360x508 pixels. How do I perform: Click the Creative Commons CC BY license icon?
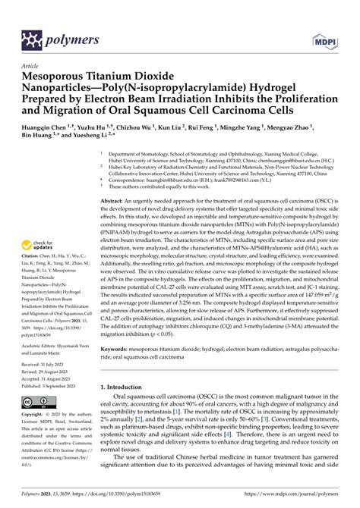[x=38, y=402]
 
